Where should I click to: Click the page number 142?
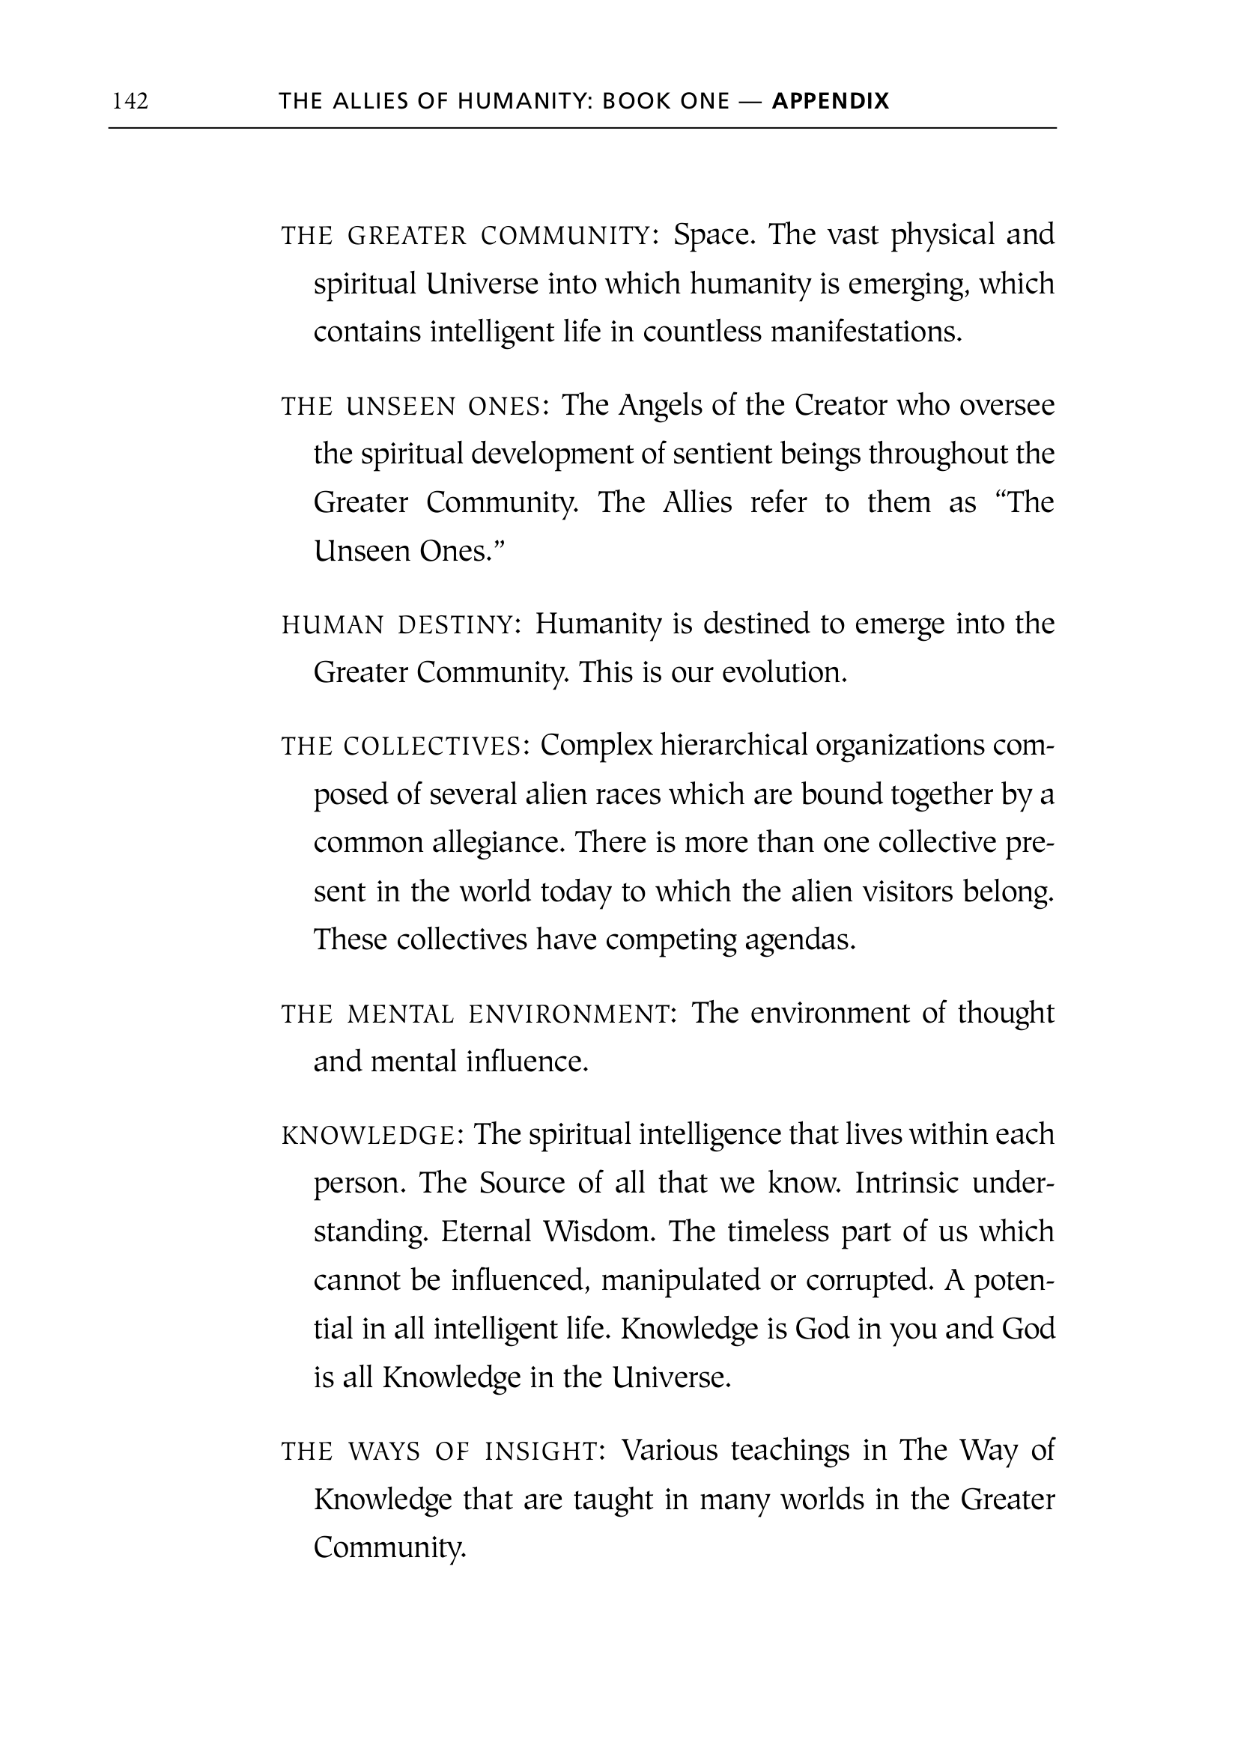tap(130, 100)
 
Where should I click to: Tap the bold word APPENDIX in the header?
tap(831, 100)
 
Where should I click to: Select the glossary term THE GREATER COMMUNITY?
tap(470, 236)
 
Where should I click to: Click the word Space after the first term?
tap(714, 235)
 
